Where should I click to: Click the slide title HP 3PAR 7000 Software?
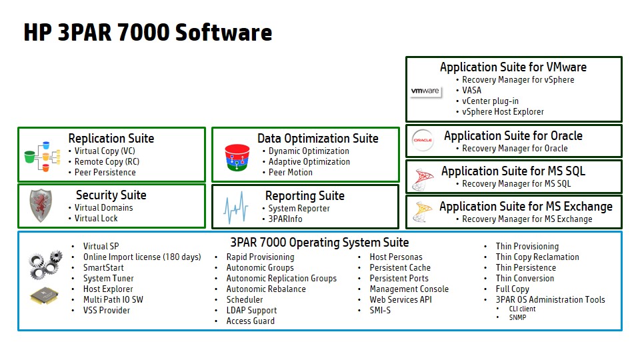[x=148, y=33]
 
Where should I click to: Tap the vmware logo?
[x=425, y=91]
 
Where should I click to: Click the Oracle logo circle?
[x=423, y=140]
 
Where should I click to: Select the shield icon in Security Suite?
[x=41, y=205]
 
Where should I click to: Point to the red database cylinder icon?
[x=237, y=157]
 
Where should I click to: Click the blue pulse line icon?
[x=235, y=208]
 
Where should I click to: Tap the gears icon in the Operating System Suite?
[x=45, y=265]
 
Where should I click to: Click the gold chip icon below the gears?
[x=44, y=295]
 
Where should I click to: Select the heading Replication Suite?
[x=111, y=139]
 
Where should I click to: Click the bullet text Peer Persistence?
[x=105, y=172]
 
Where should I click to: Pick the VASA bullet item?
[x=471, y=90]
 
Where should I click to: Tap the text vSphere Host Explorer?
[x=503, y=111]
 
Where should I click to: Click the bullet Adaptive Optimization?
[x=309, y=161]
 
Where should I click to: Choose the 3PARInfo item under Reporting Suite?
[x=285, y=219]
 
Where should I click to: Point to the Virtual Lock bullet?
[x=96, y=219]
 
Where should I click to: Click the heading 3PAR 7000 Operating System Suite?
[x=319, y=243]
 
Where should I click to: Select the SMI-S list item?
[x=380, y=310]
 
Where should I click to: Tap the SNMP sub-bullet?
[x=517, y=317]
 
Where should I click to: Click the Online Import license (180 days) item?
[x=142, y=257]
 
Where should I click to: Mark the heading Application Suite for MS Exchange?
[x=526, y=207]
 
